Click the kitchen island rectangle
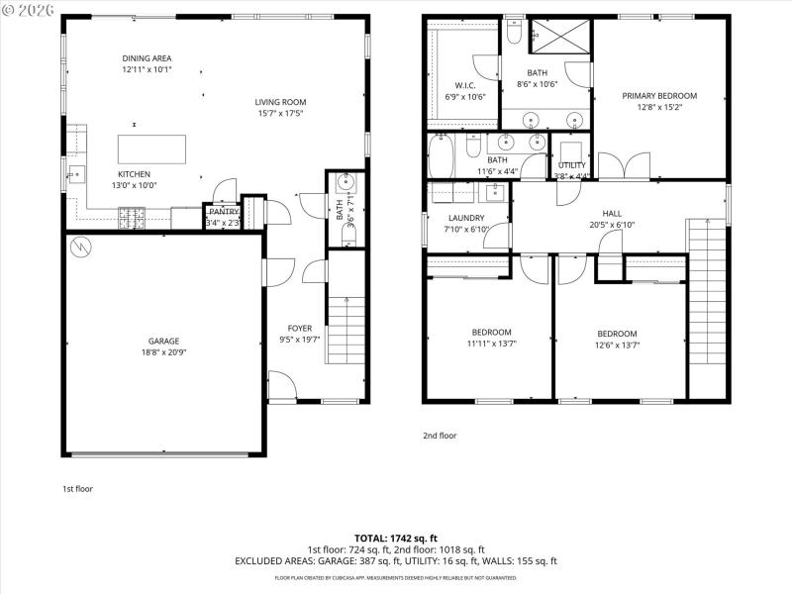point(152,148)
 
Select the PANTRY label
point(223,211)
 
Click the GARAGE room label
point(163,341)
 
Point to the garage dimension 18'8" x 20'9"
point(163,352)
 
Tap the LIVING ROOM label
point(280,102)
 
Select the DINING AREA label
point(147,58)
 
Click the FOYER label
point(299,329)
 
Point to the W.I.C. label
point(465,85)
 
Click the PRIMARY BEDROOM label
point(659,96)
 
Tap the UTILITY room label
point(571,165)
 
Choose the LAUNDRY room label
point(466,218)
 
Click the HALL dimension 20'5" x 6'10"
point(612,225)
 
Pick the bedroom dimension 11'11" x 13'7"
point(491,344)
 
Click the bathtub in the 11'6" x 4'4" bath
point(442,156)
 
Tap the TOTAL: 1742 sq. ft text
point(395,538)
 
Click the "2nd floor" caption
point(440,435)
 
